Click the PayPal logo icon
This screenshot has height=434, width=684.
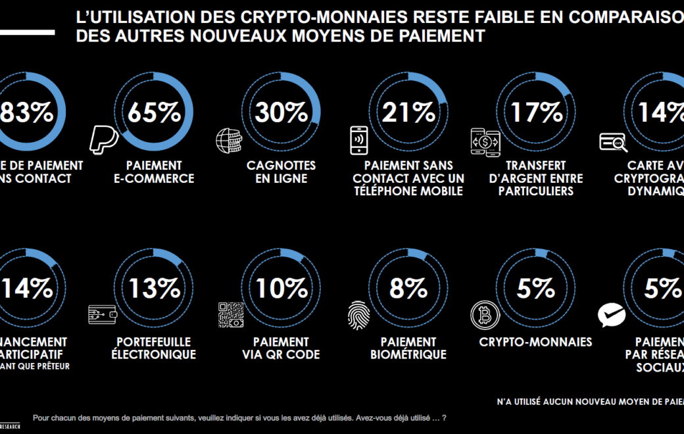pos(103,139)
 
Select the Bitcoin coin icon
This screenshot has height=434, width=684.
pos(484,315)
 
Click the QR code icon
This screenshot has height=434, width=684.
pos(231,315)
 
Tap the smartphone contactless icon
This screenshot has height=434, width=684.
pos(358,139)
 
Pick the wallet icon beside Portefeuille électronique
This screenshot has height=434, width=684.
pos(103,314)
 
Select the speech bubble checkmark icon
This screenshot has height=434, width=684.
pos(611,315)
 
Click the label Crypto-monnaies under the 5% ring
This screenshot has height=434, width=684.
pos(535,342)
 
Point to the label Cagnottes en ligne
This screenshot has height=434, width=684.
pos(281,172)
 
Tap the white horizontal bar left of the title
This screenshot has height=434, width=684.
pos(27,32)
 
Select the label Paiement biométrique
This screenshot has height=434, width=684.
pos(408,349)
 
